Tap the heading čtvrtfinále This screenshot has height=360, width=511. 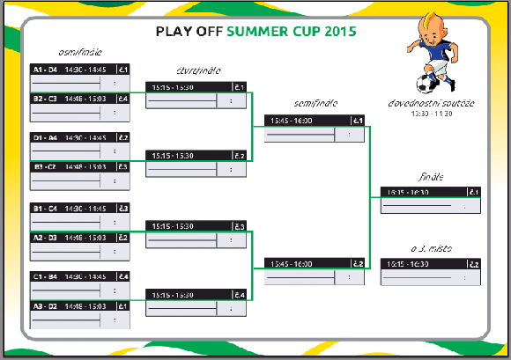point(197,70)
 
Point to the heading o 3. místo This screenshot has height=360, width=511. point(430,249)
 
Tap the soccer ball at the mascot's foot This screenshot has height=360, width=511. point(427,84)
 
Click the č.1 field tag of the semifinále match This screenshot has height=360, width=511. point(358,121)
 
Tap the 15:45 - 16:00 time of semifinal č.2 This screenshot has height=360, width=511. point(291,263)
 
